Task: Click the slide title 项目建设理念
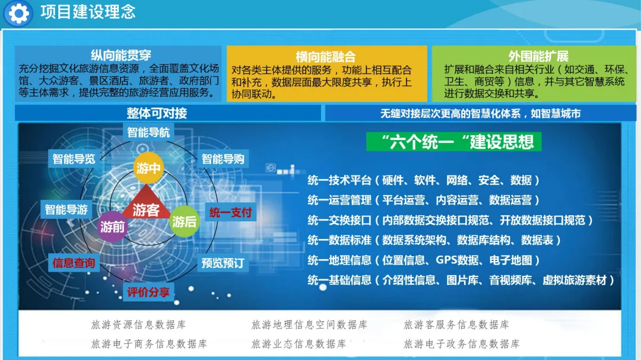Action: pos(88,12)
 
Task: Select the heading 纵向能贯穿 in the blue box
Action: pos(121,55)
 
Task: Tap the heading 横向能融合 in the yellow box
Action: pos(326,56)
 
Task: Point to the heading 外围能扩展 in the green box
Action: pos(538,56)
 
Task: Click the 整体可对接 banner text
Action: pos(157,113)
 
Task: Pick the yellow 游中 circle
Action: pos(148,167)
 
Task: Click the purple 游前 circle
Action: pos(112,227)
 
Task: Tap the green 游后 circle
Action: pos(184,221)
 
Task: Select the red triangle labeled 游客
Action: pos(146,204)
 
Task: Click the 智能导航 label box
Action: pos(148,132)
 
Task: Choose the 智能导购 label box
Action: pos(223,159)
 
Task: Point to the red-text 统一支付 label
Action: pos(230,212)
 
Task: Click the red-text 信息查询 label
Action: pos(74,263)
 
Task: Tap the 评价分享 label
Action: pos(148,292)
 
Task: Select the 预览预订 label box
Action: pos(223,263)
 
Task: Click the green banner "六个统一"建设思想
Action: pos(454,142)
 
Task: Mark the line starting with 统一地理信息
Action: pos(424,260)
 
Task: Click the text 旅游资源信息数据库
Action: pos(138,324)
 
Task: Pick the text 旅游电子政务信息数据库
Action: pos(462,343)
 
